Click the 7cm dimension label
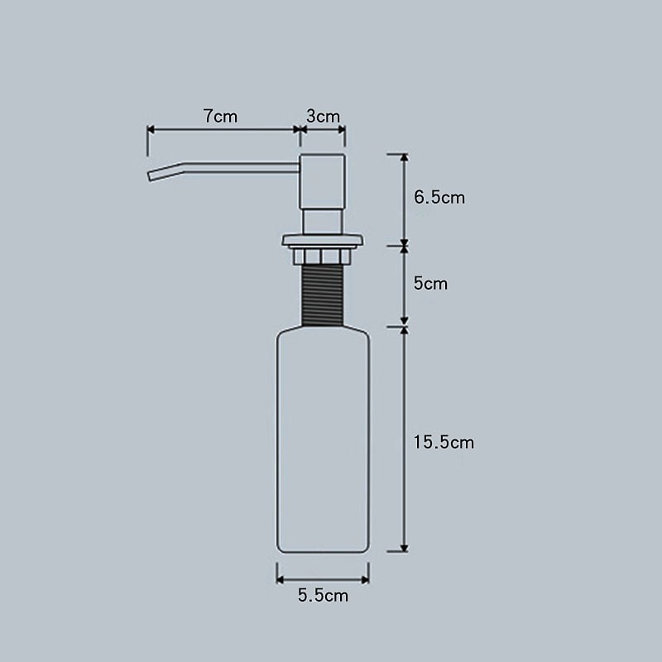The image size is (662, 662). click(x=220, y=117)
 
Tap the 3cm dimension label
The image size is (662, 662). click(x=323, y=117)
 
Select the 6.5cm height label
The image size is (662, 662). click(x=439, y=198)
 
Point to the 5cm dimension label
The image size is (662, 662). click(x=430, y=283)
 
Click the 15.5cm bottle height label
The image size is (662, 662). click(x=444, y=443)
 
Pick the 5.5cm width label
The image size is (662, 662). click(x=323, y=596)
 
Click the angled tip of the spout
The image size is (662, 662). click(x=149, y=176)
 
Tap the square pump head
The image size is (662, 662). click(x=323, y=181)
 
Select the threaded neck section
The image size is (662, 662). click(x=323, y=295)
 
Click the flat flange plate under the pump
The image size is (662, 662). click(x=323, y=241)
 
